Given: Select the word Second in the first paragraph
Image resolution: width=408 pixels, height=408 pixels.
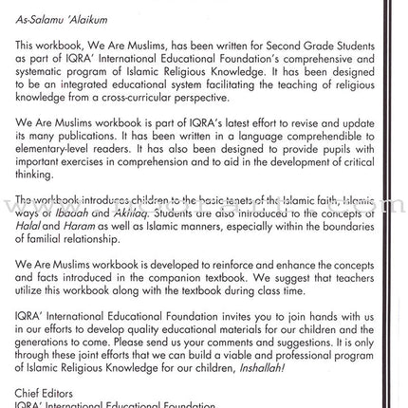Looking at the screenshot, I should click(261, 44).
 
